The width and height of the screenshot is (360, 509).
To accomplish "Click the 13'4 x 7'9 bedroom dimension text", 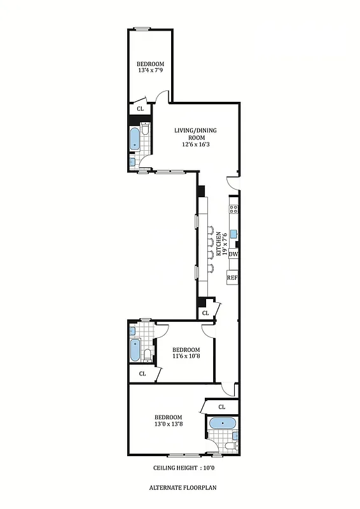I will (150, 70).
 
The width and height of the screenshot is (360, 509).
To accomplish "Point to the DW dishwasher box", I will (233, 254).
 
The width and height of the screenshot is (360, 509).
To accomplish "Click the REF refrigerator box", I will (233, 277).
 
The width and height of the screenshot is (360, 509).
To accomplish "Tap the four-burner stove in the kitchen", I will (233, 208).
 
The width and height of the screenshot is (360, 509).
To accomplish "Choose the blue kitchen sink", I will (233, 233).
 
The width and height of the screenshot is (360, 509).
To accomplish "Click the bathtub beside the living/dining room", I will (135, 139).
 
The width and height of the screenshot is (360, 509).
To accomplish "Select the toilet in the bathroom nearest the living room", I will (146, 130).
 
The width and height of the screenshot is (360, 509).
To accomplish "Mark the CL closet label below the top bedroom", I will (140, 109).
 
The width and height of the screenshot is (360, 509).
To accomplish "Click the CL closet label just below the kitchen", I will (205, 313).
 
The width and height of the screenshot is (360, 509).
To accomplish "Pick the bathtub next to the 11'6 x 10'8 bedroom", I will (135, 350).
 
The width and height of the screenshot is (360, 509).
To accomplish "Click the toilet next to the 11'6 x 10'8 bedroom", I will (147, 355).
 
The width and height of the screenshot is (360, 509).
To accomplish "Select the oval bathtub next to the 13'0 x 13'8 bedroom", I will (221, 423).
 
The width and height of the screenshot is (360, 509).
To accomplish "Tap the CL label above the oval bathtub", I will (222, 407).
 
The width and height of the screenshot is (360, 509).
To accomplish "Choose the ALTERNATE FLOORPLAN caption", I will (180, 487).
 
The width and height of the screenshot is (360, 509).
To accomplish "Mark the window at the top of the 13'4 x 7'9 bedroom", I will (142, 27).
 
